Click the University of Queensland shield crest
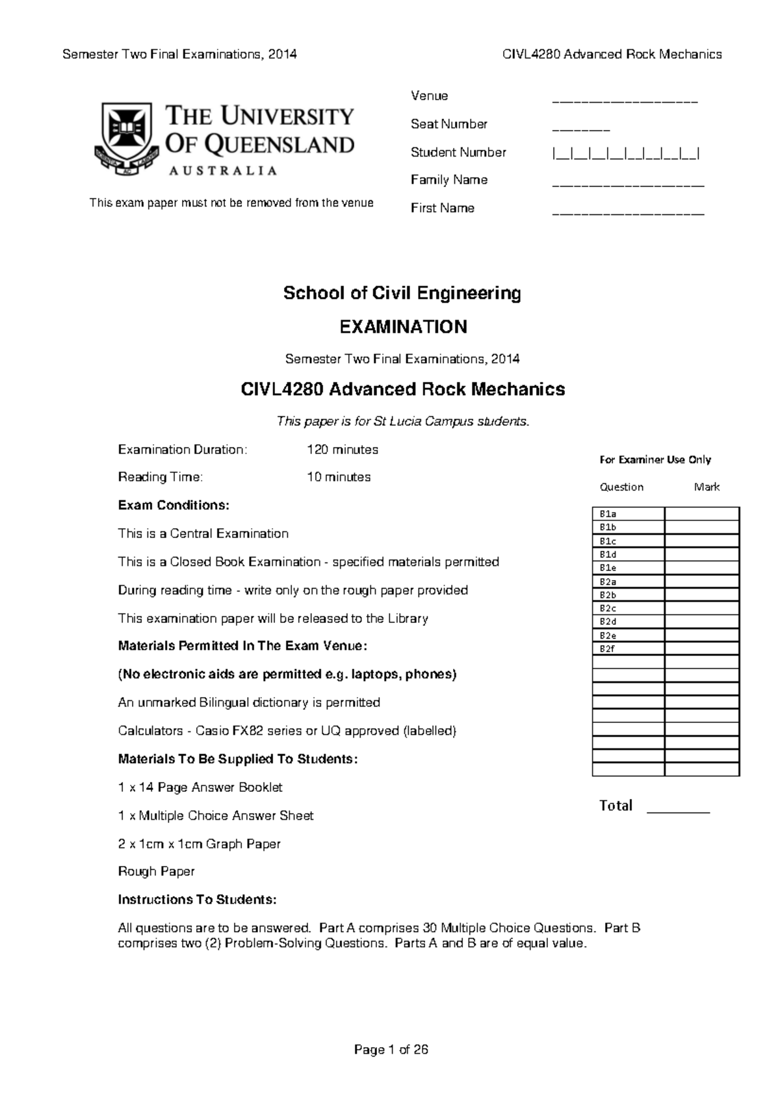(126, 138)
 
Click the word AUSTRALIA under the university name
(223, 171)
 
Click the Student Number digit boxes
(625, 154)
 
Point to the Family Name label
(448, 180)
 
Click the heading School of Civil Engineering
(402, 294)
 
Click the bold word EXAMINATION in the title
(403, 327)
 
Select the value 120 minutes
(342, 450)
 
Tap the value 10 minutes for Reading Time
(338, 477)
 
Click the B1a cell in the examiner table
(628, 514)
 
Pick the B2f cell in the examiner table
(628, 648)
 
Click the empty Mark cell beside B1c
(701, 540)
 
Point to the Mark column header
(707, 487)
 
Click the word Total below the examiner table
(616, 805)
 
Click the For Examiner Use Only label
(655, 460)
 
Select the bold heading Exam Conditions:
(174, 505)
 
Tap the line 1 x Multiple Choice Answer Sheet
(216, 816)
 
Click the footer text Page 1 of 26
(391, 1050)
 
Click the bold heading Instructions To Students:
(197, 900)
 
